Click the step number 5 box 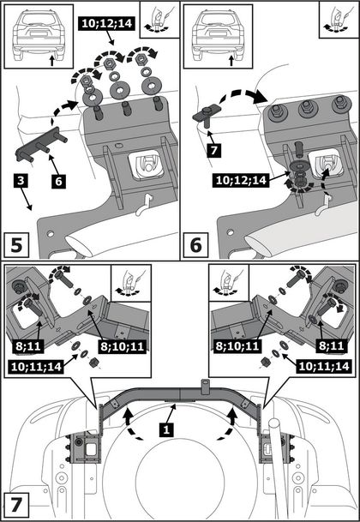(15, 246)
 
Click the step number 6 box (195, 246)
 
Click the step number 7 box (15, 507)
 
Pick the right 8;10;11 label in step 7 (237, 346)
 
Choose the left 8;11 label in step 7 (27, 346)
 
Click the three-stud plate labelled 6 (42, 146)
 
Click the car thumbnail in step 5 (38, 36)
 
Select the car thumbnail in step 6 (218, 36)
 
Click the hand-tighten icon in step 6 (337, 19)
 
